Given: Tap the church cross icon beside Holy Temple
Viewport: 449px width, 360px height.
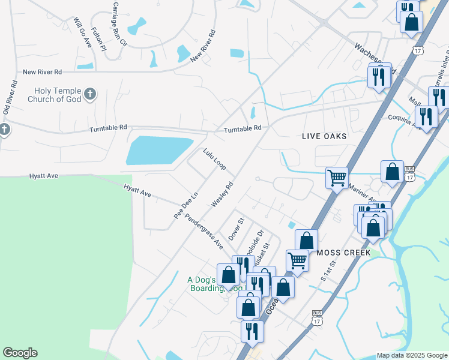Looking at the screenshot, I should point(89,94).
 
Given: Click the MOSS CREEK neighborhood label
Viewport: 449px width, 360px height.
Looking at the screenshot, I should point(345,253).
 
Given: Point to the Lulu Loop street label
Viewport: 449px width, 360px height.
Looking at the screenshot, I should point(214,159).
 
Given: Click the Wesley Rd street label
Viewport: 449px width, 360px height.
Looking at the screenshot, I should point(221,195).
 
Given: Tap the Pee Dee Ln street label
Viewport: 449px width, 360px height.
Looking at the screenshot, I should point(185,206).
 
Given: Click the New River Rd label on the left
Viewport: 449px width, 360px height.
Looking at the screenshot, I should point(42,72).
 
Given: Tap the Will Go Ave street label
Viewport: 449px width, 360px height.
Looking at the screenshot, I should point(82,33).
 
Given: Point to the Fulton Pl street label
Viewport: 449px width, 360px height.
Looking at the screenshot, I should point(99,39).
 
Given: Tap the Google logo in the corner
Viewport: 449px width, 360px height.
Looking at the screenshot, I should point(20,353).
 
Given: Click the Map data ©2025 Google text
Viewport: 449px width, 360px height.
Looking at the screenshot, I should point(412,355).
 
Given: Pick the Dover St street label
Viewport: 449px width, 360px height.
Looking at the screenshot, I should point(235,229).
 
